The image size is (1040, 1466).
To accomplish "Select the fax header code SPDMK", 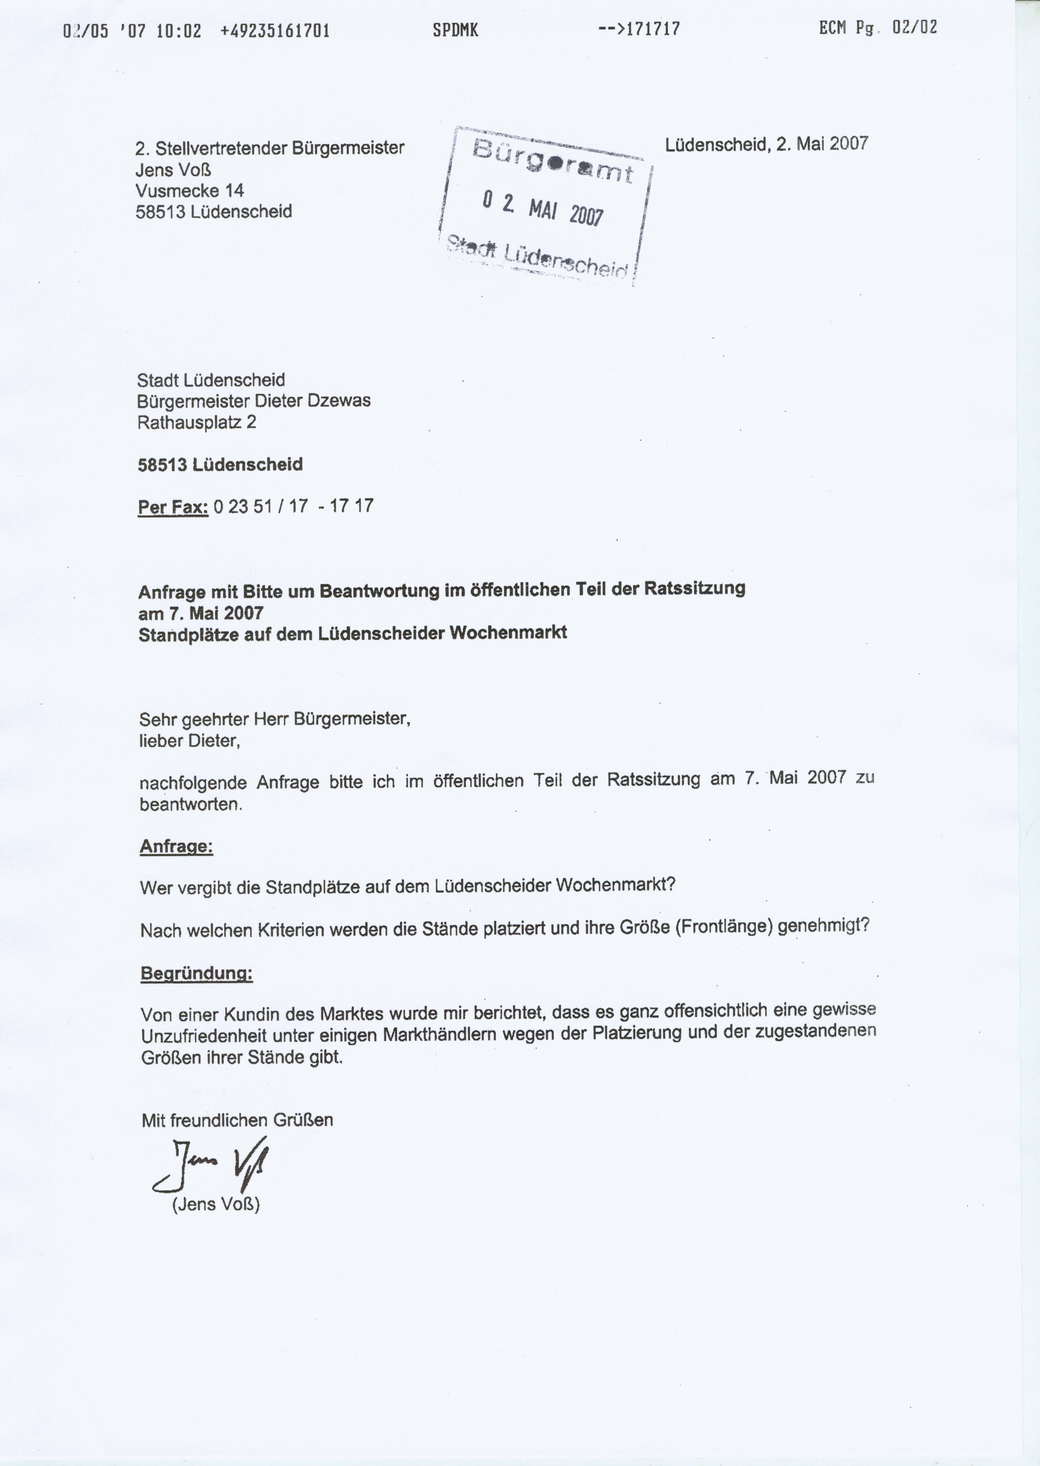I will point(455,30).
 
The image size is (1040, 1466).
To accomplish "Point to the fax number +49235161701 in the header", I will point(275,30).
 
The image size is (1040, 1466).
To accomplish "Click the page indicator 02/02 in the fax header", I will point(914,28).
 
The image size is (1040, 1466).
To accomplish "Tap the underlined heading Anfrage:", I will point(176,847).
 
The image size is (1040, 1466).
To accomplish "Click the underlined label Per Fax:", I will point(173,507).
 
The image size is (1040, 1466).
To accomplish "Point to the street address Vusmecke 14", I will point(190,190).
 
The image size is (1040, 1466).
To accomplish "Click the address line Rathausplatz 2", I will point(197,422).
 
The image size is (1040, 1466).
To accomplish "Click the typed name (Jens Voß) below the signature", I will point(216,1205).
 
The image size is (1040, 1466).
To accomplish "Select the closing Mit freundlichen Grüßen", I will point(237,1120).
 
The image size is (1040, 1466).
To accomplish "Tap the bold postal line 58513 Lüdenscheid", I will point(220,464).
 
